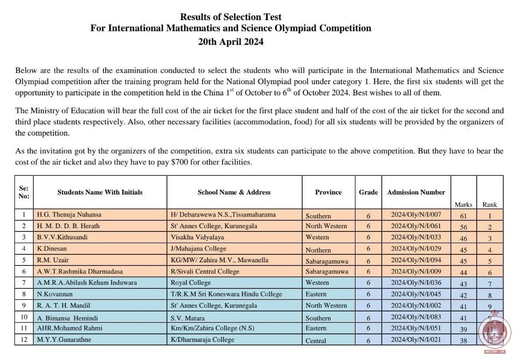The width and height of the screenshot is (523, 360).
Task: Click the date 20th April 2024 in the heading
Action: click(231, 41)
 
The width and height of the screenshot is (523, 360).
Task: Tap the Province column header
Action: click(328, 192)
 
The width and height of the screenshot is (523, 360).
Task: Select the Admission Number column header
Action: click(416, 192)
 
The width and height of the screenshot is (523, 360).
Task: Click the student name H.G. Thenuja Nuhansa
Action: click(69, 215)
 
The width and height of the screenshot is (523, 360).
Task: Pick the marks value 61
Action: click(463, 215)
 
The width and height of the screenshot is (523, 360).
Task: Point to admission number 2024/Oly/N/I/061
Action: click(416, 226)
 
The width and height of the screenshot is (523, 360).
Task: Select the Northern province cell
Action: click(318, 250)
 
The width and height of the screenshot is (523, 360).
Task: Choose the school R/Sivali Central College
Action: click(205, 271)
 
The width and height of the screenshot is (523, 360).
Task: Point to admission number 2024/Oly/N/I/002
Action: click(416, 305)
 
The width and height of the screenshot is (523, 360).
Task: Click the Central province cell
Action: click(316, 340)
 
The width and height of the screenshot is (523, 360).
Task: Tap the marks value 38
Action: click(463, 340)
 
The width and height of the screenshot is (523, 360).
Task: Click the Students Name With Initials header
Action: click(100, 192)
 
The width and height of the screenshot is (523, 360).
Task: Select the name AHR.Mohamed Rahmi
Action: click(69, 328)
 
